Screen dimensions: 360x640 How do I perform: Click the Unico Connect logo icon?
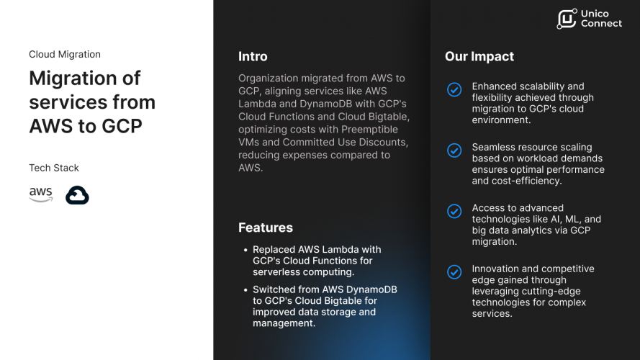[x=567, y=19]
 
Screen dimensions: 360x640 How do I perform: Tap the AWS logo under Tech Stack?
[x=41, y=194]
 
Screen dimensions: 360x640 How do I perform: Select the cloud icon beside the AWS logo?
[x=77, y=195]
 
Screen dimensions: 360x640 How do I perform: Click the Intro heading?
[x=253, y=56]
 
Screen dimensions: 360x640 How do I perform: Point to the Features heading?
[x=266, y=228]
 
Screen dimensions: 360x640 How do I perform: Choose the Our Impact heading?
[x=479, y=56]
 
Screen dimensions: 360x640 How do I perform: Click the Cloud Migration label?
[x=65, y=54]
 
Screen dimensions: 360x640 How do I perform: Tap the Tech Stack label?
[x=54, y=168]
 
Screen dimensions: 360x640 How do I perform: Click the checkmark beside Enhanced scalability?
[x=454, y=89]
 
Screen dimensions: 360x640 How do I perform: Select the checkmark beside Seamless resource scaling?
[x=454, y=150]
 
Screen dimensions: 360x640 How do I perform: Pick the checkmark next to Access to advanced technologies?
[x=454, y=211]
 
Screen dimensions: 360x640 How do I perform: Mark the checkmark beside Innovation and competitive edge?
[x=454, y=272]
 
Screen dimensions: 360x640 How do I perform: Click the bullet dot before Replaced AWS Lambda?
[x=245, y=250]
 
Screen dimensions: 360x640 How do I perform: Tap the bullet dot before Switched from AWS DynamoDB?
[x=245, y=290]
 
